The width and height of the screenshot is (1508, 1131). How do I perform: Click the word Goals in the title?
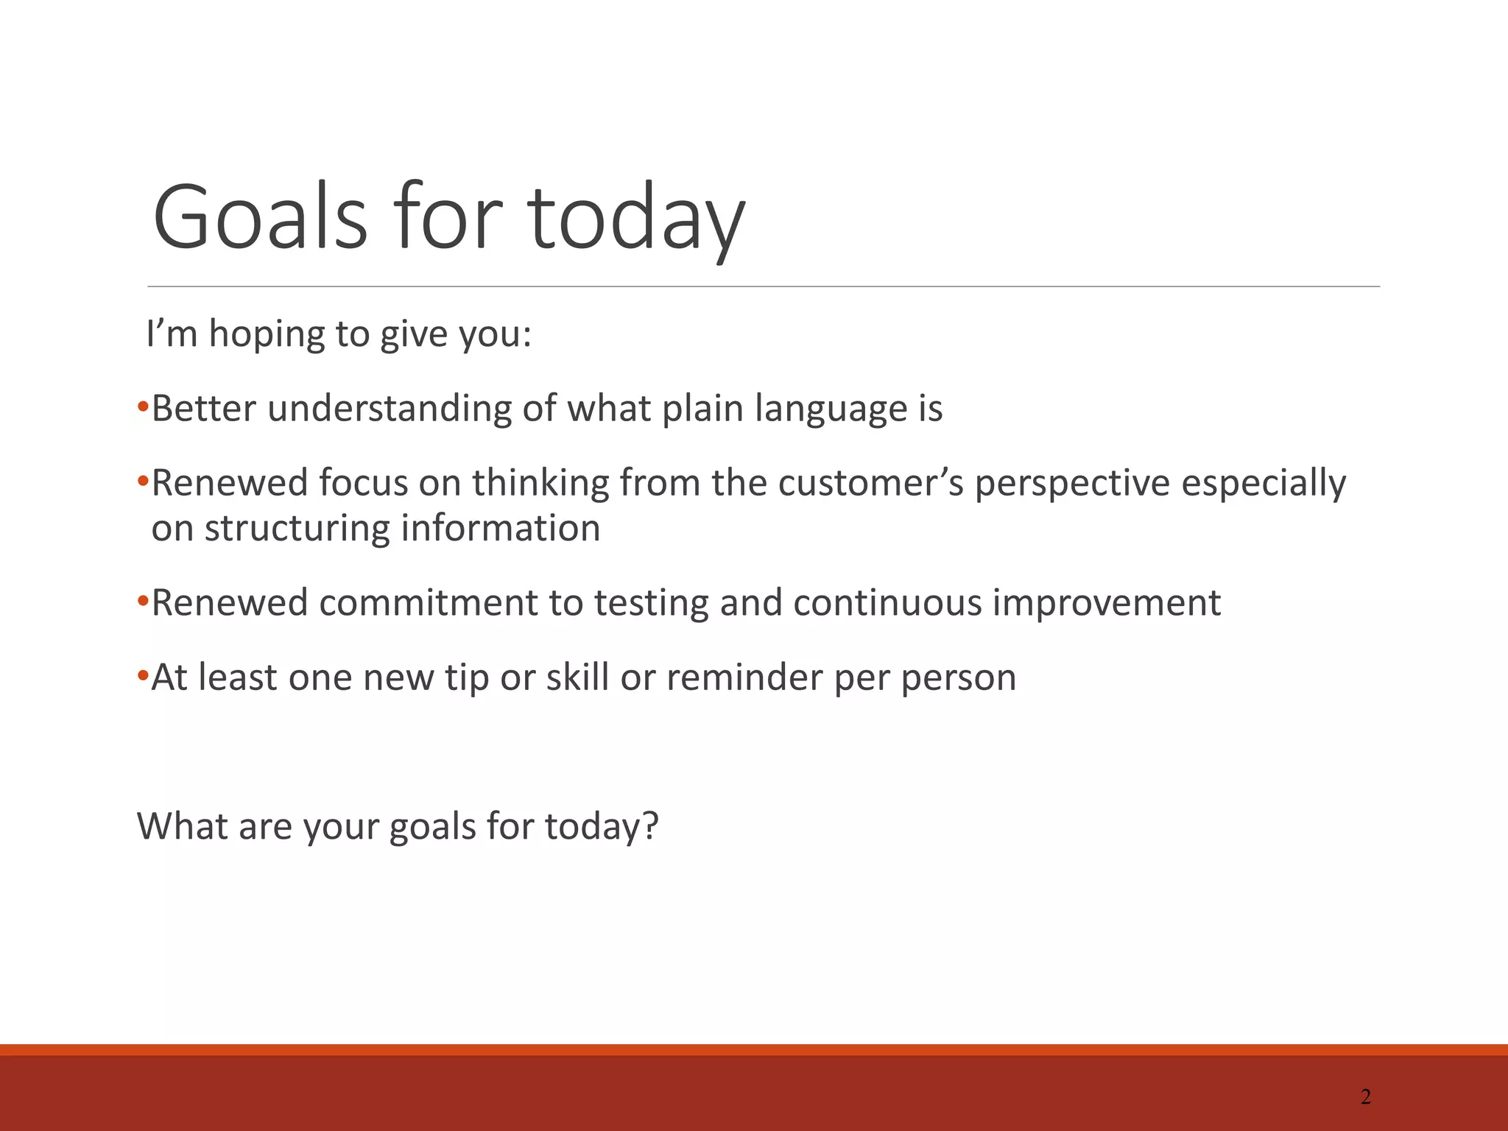click(x=259, y=218)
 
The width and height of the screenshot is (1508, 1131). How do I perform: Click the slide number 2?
click(x=1365, y=1097)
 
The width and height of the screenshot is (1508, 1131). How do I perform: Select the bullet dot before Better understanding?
click(x=143, y=407)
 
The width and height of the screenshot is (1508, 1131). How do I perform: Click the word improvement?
click(x=1106, y=604)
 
